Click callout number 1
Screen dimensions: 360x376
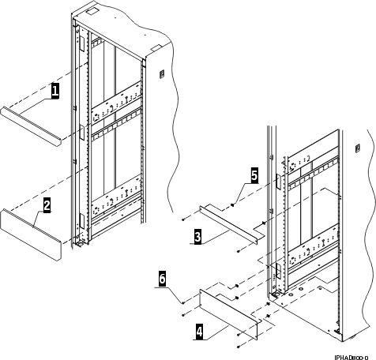[x=55, y=92]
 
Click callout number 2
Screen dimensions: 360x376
[x=47, y=206]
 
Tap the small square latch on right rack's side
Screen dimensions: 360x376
[x=356, y=148]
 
